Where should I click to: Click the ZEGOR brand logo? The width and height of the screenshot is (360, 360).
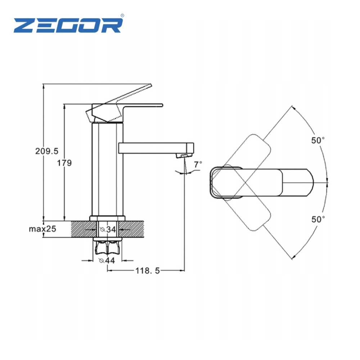(x=68, y=25)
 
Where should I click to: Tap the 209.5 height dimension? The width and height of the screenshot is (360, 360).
(x=47, y=151)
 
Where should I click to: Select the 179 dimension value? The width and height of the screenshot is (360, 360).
(x=64, y=163)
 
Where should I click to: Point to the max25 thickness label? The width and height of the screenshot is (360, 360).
(x=42, y=229)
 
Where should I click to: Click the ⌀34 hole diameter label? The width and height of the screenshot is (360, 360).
(x=108, y=229)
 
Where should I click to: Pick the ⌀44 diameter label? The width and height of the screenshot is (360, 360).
(x=107, y=260)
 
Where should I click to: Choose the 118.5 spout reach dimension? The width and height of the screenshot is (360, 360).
(x=147, y=271)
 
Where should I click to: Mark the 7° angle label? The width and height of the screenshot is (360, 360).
(x=198, y=165)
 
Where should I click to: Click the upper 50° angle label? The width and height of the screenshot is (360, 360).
(x=318, y=140)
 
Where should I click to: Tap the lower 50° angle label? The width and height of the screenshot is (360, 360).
(x=318, y=219)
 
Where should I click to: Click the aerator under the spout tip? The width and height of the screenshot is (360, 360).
(x=184, y=156)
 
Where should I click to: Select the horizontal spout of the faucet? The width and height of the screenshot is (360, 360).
(x=156, y=148)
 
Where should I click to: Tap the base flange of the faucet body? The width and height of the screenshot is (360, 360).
(x=107, y=219)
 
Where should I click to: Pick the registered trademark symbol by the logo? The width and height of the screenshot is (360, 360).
(x=122, y=15)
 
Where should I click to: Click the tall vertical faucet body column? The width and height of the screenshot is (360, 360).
(x=107, y=169)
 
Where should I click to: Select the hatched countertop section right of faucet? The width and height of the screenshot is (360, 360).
(x=131, y=229)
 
